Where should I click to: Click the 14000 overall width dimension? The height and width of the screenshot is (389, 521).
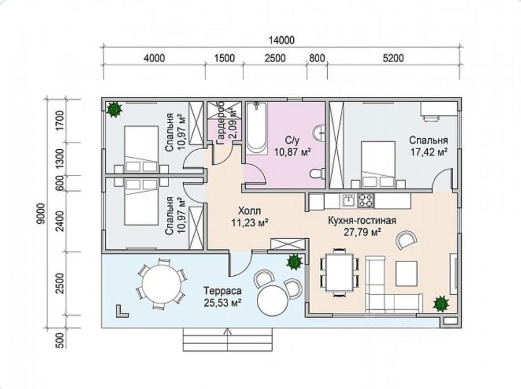coord(282,40)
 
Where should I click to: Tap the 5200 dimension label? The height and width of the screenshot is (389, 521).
coord(393,58)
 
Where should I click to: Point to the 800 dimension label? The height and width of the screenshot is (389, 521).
coord(317,58)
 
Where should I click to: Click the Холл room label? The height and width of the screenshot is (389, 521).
coord(249,211)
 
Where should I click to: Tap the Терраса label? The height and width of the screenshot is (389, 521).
coord(222,291)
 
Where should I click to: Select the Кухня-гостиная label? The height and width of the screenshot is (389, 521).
coord(362,221)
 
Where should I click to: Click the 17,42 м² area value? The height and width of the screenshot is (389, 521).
coord(428,152)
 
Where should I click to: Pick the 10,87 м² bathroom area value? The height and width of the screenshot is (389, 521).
coord(293,152)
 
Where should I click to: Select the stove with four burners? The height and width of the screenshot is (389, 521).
coord(365,200)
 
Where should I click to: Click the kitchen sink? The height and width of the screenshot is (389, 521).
coord(348,200)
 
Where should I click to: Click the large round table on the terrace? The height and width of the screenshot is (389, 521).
coord(161,283)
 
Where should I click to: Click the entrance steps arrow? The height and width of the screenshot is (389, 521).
coord(228,339)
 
